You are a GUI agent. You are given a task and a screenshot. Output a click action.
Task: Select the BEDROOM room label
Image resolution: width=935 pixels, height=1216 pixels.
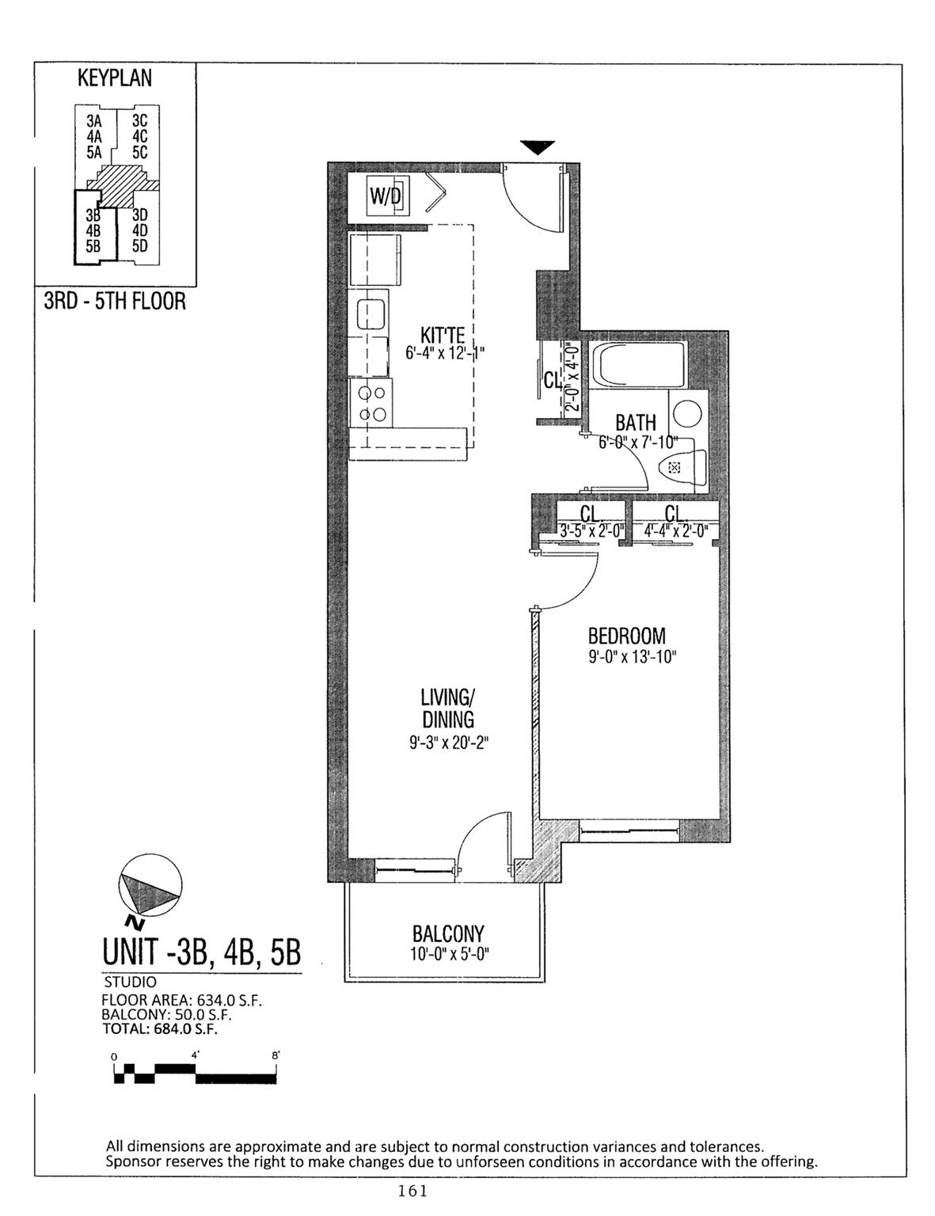(x=626, y=636)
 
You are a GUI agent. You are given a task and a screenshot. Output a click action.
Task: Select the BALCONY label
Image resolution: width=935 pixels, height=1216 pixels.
(x=448, y=934)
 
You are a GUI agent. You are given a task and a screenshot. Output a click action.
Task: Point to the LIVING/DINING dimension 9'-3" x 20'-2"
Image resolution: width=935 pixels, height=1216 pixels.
(x=447, y=743)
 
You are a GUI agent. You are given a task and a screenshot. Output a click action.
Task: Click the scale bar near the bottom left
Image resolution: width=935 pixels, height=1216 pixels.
(x=196, y=1073)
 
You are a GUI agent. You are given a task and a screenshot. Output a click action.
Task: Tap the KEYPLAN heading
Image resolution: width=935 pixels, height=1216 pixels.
(x=115, y=78)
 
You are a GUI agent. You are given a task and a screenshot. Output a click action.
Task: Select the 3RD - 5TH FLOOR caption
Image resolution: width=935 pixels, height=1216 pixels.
(x=115, y=302)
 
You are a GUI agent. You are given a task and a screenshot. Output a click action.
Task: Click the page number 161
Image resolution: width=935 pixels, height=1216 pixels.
(x=414, y=1191)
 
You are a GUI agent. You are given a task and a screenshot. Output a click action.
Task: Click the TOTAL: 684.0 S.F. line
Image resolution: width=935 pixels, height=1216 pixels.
(x=160, y=1029)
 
